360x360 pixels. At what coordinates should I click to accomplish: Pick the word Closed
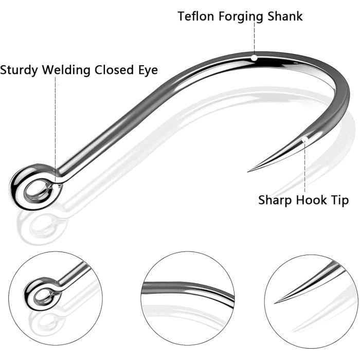pyautogui.click(x=115, y=70)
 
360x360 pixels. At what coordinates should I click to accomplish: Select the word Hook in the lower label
pyautogui.click(x=311, y=200)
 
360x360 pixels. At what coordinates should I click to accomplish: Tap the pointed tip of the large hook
pyautogui.click(x=248, y=171)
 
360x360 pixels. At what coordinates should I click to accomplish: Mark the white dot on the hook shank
pyautogui.click(x=254, y=58)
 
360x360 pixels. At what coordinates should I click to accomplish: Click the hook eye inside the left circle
pyautogui.click(x=41, y=294)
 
